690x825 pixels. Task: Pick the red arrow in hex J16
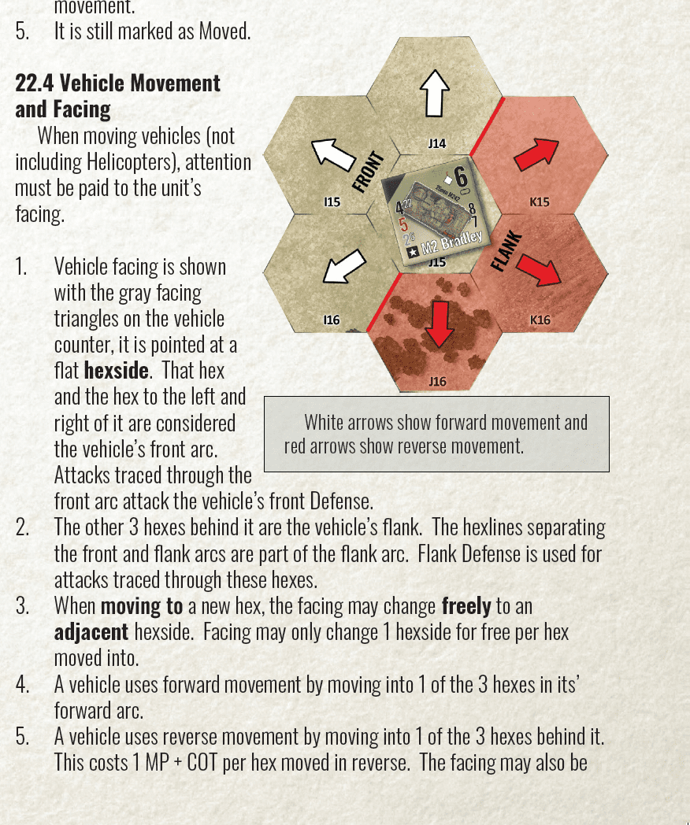tap(440, 324)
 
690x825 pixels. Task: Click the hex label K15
tap(540, 202)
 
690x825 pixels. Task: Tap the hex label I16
tap(332, 320)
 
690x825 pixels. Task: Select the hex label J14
tap(437, 143)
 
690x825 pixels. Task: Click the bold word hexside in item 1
tap(117, 371)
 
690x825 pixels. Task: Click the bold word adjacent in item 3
tap(91, 632)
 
